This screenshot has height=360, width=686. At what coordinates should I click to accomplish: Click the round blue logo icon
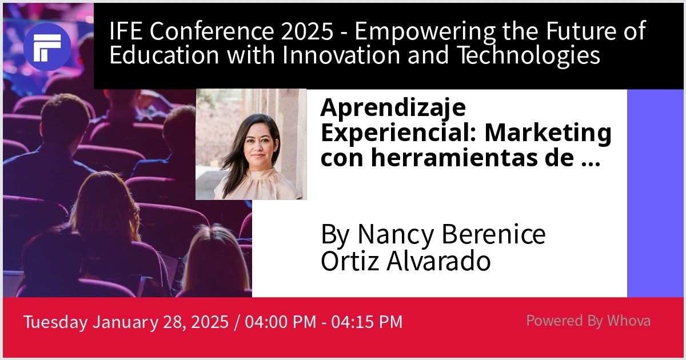[47, 47]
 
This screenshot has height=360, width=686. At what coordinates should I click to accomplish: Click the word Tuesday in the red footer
[55, 322]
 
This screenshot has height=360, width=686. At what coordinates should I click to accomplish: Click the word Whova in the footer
[629, 321]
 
